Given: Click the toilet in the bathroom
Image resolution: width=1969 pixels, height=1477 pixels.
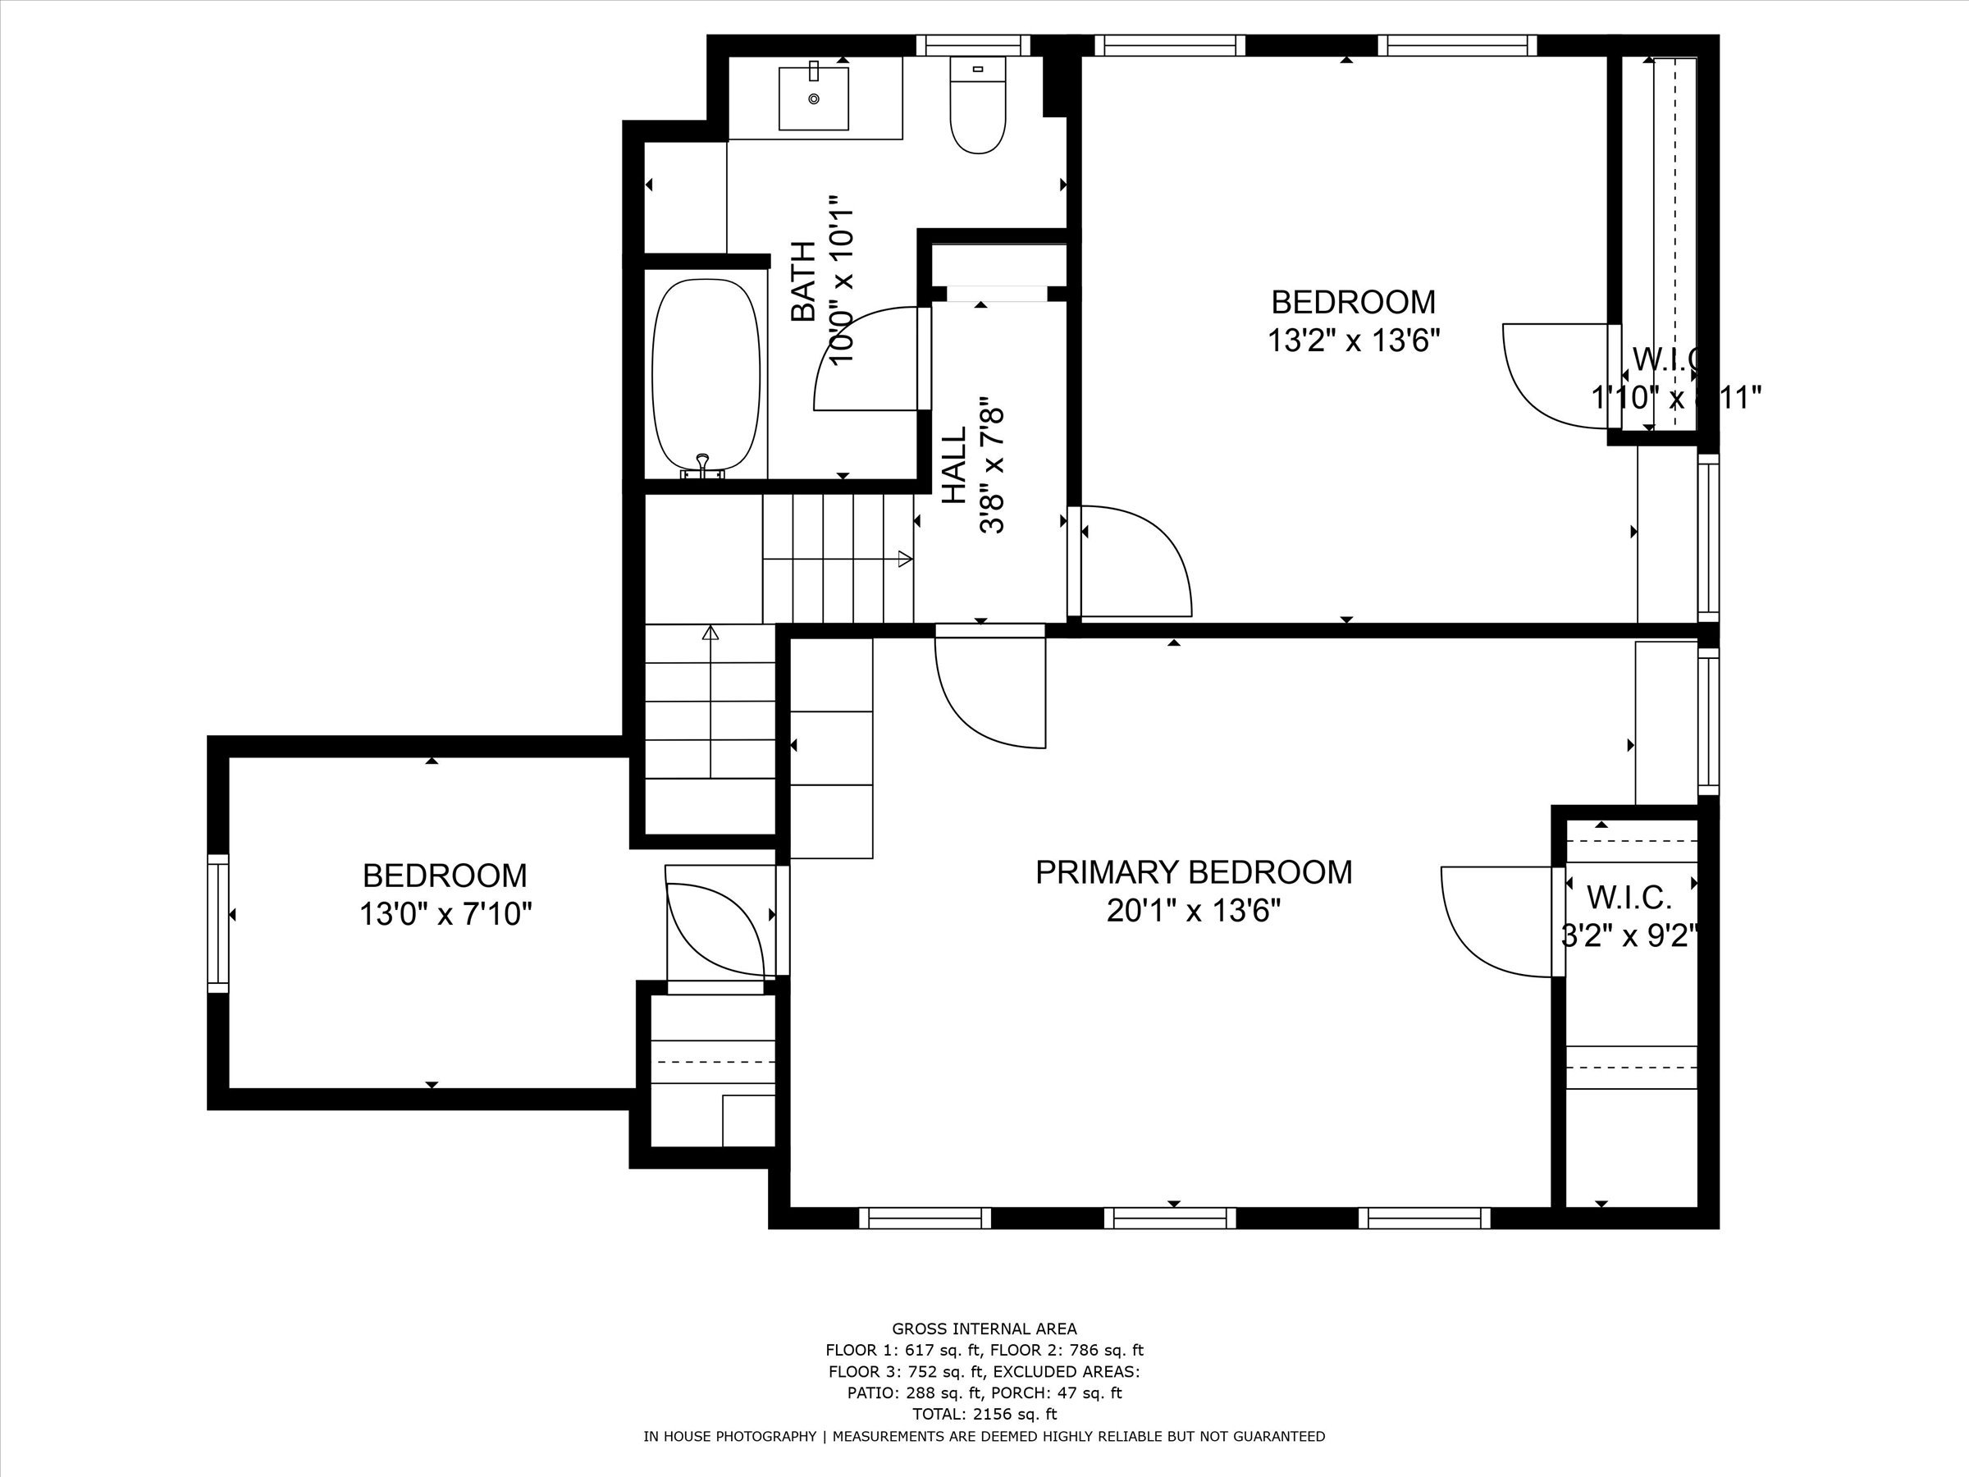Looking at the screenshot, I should click(x=977, y=107).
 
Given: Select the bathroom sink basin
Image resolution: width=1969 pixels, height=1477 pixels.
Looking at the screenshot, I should click(x=814, y=98).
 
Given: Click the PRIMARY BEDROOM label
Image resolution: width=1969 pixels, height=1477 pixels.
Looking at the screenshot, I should click(x=1194, y=871).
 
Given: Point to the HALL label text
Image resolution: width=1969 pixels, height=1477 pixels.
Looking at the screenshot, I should click(x=954, y=464).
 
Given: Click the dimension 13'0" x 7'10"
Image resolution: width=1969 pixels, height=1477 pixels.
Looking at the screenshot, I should click(x=445, y=914).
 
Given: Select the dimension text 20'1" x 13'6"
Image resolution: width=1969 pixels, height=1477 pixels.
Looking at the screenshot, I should click(x=1194, y=911).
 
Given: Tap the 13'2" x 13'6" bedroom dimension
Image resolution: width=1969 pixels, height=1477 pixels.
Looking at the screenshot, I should click(x=1353, y=340).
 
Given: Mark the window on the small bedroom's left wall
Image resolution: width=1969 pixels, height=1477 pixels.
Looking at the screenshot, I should click(x=218, y=922).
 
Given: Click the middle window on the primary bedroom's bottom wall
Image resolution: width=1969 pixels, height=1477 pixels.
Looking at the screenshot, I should click(x=1170, y=1217).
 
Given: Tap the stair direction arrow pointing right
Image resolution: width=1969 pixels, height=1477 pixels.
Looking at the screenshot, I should click(x=904, y=559).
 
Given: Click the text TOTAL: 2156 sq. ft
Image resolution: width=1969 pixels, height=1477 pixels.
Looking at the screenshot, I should click(x=984, y=1414).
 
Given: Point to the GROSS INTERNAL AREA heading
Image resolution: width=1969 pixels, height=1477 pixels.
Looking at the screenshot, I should click(x=984, y=1329).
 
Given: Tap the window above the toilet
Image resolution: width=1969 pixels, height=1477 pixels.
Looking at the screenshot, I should click(x=973, y=44).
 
